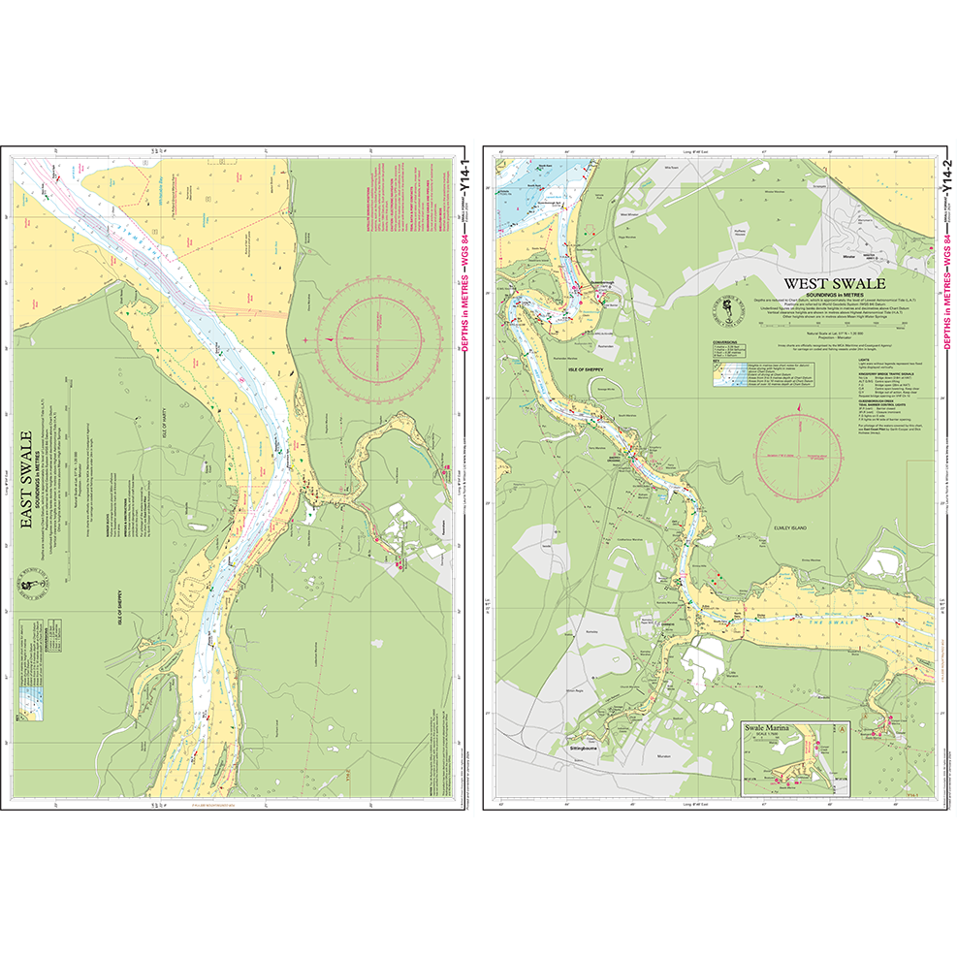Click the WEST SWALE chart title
[x=834, y=284]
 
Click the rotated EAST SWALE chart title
[x=28, y=479]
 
